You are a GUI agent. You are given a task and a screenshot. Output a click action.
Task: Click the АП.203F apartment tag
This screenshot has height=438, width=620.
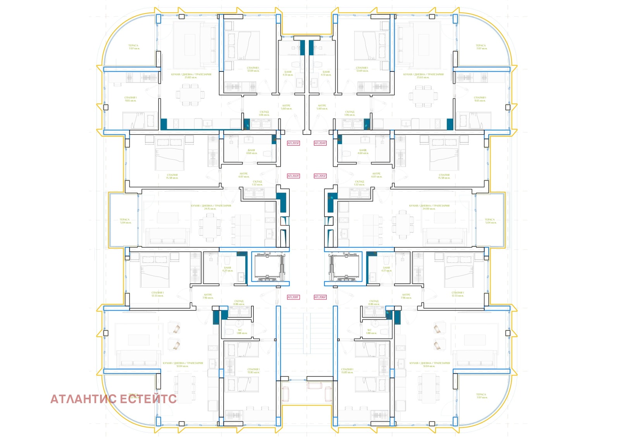click(x=293, y=143)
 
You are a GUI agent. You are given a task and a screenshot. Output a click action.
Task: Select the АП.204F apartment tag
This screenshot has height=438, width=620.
click(x=320, y=143)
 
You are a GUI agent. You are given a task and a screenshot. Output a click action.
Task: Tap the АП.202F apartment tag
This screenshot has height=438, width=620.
click(x=293, y=176)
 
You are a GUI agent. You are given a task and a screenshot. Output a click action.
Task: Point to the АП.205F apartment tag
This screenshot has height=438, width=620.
click(x=320, y=176)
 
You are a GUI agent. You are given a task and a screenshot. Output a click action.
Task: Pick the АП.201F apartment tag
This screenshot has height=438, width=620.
click(x=293, y=297)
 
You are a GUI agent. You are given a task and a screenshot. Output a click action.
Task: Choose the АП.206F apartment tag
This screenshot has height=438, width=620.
click(x=320, y=297)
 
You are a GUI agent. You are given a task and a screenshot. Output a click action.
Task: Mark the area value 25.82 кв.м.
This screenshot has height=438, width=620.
click(x=191, y=77)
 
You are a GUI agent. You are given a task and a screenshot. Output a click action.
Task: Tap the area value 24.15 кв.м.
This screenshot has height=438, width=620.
click(x=210, y=209)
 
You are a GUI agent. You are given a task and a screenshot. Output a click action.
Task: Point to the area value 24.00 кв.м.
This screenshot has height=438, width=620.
click(x=429, y=209)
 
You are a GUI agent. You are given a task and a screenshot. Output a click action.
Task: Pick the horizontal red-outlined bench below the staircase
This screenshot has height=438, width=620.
click(x=314, y=386)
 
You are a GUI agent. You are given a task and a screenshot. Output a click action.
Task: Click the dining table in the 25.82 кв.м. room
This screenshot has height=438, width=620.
click(x=190, y=95)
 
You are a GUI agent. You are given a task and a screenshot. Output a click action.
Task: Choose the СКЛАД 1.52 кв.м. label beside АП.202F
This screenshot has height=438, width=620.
click(x=257, y=183)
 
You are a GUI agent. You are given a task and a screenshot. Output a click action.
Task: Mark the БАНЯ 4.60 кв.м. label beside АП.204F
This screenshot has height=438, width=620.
click(x=363, y=152)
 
